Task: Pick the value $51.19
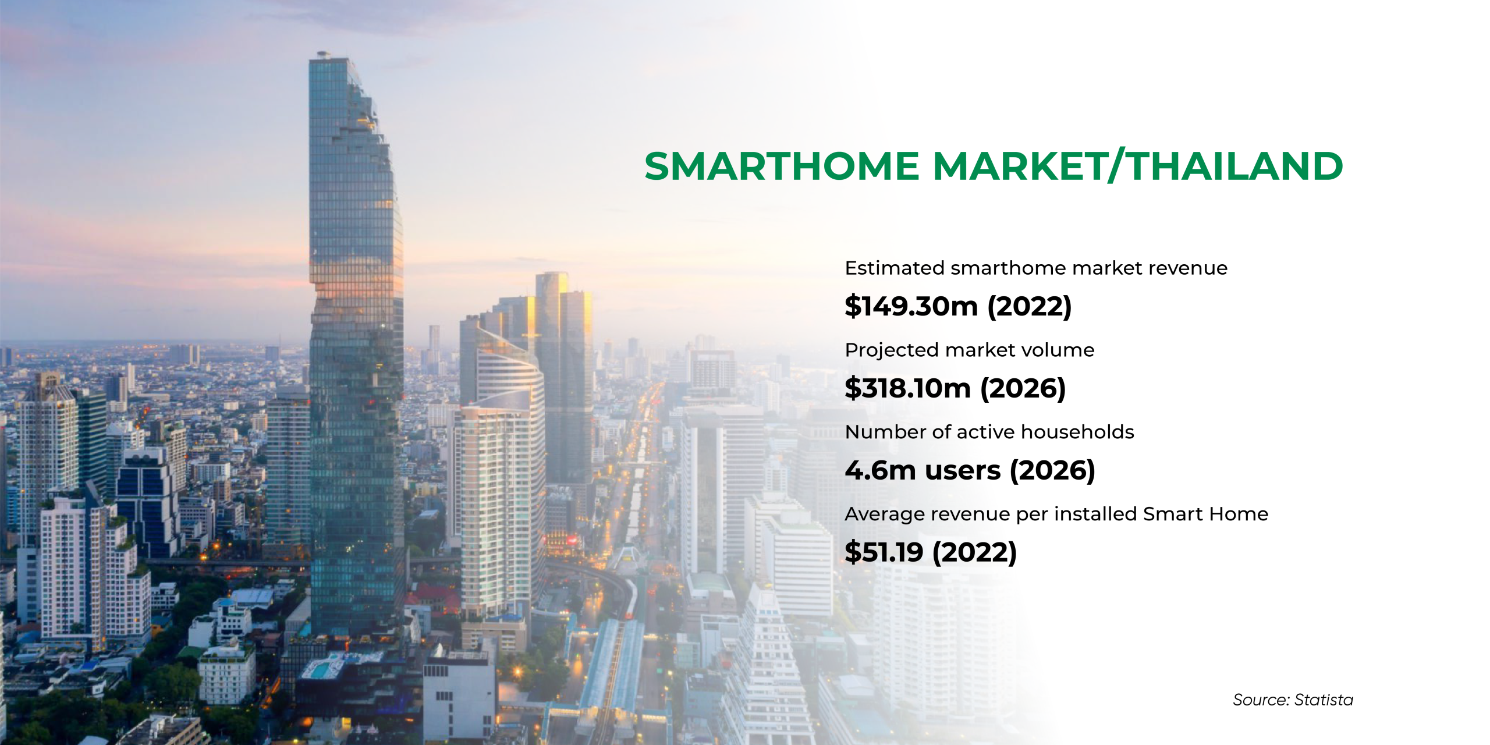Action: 884,552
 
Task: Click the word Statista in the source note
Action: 1324,700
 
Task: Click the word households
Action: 1077,432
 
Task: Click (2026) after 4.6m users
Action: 1052,470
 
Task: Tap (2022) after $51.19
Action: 975,552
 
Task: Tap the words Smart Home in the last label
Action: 1205,514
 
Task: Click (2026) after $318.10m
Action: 1023,388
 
